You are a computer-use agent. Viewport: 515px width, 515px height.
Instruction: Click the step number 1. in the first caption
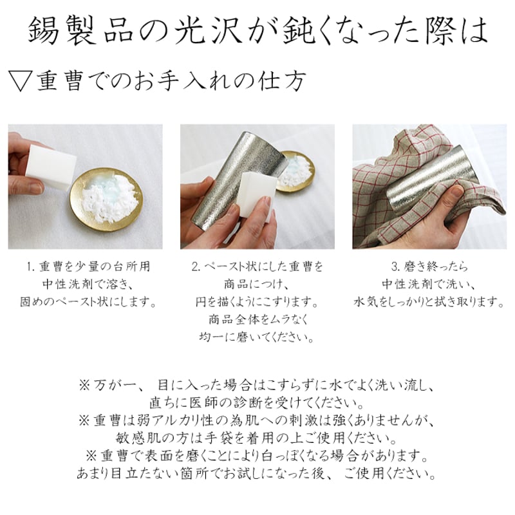point(31,267)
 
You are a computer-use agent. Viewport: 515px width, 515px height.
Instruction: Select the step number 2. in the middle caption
point(196,267)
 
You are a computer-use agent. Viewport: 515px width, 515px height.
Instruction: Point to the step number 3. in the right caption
point(396,267)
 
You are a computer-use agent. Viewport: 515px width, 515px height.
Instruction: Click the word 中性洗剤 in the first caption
point(68,284)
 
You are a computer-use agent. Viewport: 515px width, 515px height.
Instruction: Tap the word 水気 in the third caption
point(366,302)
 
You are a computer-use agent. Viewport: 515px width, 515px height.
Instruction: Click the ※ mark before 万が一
point(84,385)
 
